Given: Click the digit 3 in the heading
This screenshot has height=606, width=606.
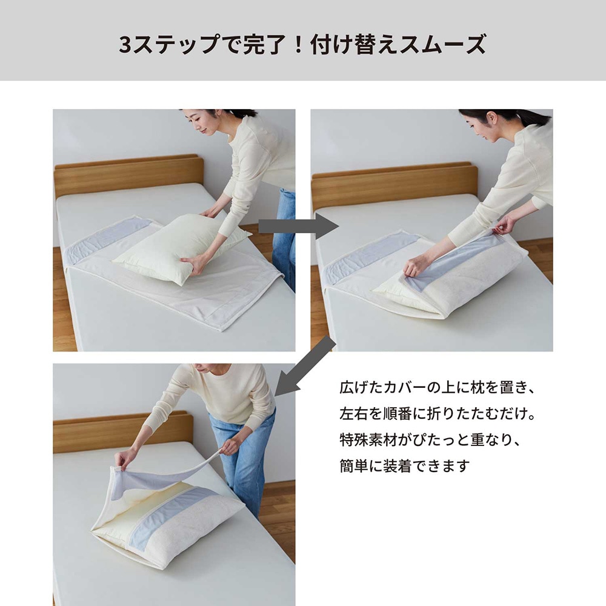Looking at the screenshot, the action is pyautogui.click(x=125, y=44).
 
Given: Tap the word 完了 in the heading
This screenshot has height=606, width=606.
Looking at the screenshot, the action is pyautogui.click(x=264, y=44).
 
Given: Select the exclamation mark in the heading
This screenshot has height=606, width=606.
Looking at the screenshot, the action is pyautogui.click(x=298, y=44).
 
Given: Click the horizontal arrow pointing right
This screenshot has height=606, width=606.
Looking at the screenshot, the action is pyautogui.click(x=298, y=226).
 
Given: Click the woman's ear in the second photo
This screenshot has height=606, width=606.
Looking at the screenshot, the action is pyautogui.click(x=490, y=118).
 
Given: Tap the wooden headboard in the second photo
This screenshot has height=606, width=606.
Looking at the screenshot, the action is pyautogui.click(x=395, y=185).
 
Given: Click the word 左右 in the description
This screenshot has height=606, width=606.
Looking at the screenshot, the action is pyautogui.click(x=354, y=413).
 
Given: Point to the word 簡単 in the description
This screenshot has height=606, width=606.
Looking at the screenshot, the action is pyautogui.click(x=354, y=465).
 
